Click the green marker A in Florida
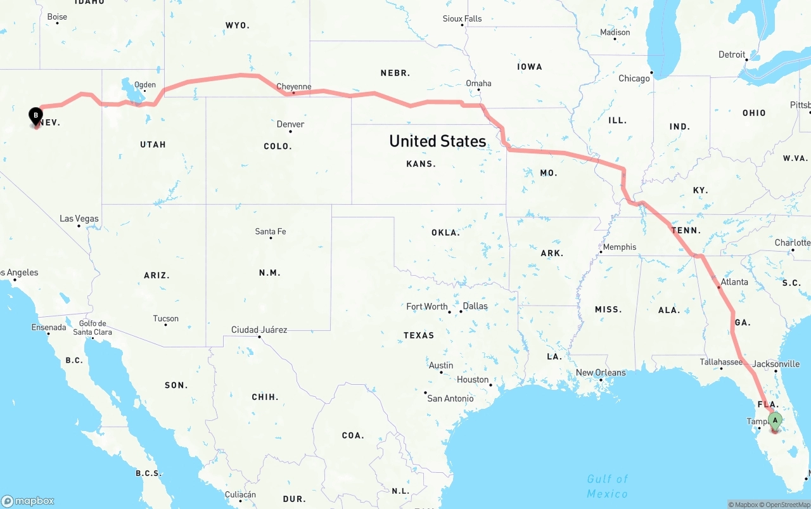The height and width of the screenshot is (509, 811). coord(774,420)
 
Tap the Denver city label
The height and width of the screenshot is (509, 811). coord(290,124)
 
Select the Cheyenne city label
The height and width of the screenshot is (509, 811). coord(294,87)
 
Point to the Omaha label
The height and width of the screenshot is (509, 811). coord(478,83)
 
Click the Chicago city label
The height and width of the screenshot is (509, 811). coord(634,79)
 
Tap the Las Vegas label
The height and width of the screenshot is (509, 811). coord(79,219)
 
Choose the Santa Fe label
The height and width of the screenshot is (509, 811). coord(271,231)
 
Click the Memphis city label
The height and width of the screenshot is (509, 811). coord(620,247)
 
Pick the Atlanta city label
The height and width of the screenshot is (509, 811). coord(734,282)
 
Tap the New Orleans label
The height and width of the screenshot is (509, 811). coord(601,373)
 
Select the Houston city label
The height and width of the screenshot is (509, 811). coord(473,380)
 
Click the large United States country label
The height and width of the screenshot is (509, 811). coord(438,141)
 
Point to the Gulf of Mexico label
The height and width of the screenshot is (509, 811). coord(607,486)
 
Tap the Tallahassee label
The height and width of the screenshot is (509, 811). coord(721,362)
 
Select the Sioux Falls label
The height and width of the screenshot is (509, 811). coord(462,18)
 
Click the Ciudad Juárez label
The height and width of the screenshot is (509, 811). coord(259,330)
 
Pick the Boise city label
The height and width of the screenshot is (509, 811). coord(57,17)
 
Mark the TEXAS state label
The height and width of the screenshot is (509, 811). coord(419,335)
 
